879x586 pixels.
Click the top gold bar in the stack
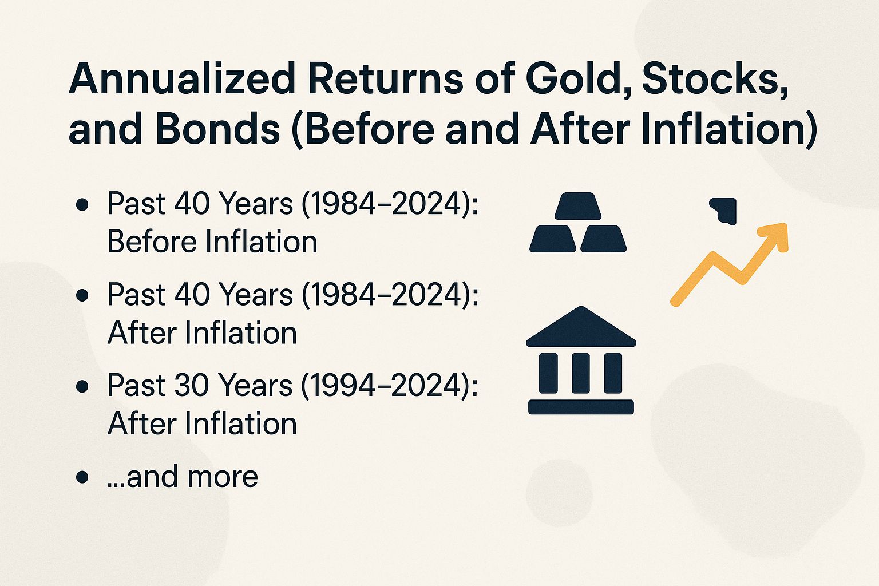(x=578, y=206)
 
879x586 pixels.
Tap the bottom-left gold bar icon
(x=553, y=239)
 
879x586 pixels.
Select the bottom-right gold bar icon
(x=603, y=239)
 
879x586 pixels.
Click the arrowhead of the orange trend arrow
(x=776, y=235)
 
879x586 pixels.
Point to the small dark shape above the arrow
(x=724, y=209)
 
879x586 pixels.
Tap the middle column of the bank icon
(x=581, y=373)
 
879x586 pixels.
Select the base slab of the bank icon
(x=581, y=407)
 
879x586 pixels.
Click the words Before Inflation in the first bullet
(x=212, y=241)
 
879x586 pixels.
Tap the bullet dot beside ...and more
(x=82, y=477)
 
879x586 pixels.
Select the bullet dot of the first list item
(x=82, y=204)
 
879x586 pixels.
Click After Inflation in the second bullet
(x=202, y=333)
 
